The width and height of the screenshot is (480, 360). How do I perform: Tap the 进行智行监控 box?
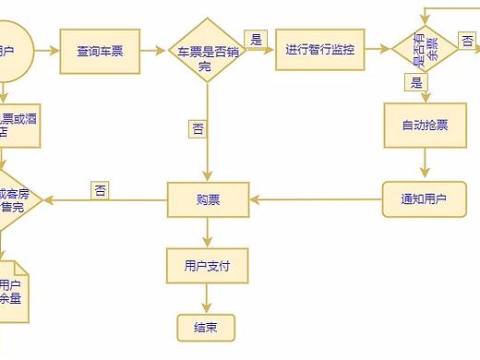tap(320, 49)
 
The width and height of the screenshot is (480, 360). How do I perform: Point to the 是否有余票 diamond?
tap(425, 49)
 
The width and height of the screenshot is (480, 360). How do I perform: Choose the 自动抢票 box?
tap(425, 125)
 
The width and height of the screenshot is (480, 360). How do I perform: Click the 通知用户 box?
tap(424, 198)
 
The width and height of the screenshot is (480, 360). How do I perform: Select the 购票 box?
tap(208, 198)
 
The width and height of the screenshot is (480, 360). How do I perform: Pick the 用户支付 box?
tap(207, 266)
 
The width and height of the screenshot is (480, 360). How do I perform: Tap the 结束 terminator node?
tap(206, 326)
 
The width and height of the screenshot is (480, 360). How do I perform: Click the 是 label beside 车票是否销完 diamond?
tap(258, 39)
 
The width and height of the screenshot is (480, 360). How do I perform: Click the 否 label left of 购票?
tap(101, 190)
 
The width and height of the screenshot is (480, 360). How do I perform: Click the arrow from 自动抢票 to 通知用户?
tap(425, 163)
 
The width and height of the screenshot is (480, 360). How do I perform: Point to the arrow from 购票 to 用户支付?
tap(207, 232)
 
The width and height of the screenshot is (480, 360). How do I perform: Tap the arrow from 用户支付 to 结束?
tap(207, 298)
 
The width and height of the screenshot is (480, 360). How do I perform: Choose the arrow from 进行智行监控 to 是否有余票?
tap(378, 49)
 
